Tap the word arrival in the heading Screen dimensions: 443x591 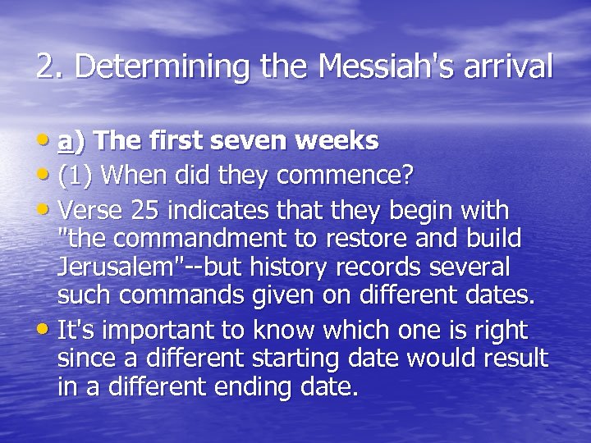pos(512,66)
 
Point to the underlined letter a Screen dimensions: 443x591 pos(65,141)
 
